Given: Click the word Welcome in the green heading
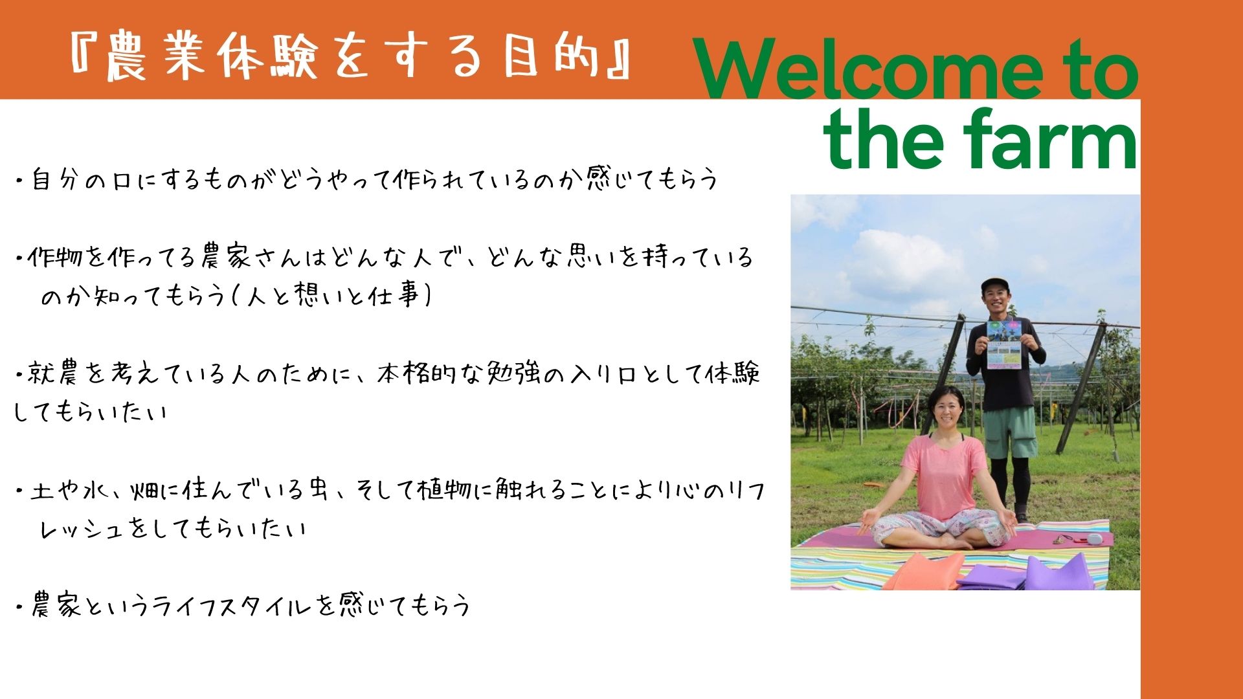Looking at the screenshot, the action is pyautogui.click(x=868, y=68).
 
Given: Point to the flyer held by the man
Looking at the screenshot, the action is pyautogui.click(x=1004, y=344).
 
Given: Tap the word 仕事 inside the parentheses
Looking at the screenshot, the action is pyautogui.click(x=394, y=296).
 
